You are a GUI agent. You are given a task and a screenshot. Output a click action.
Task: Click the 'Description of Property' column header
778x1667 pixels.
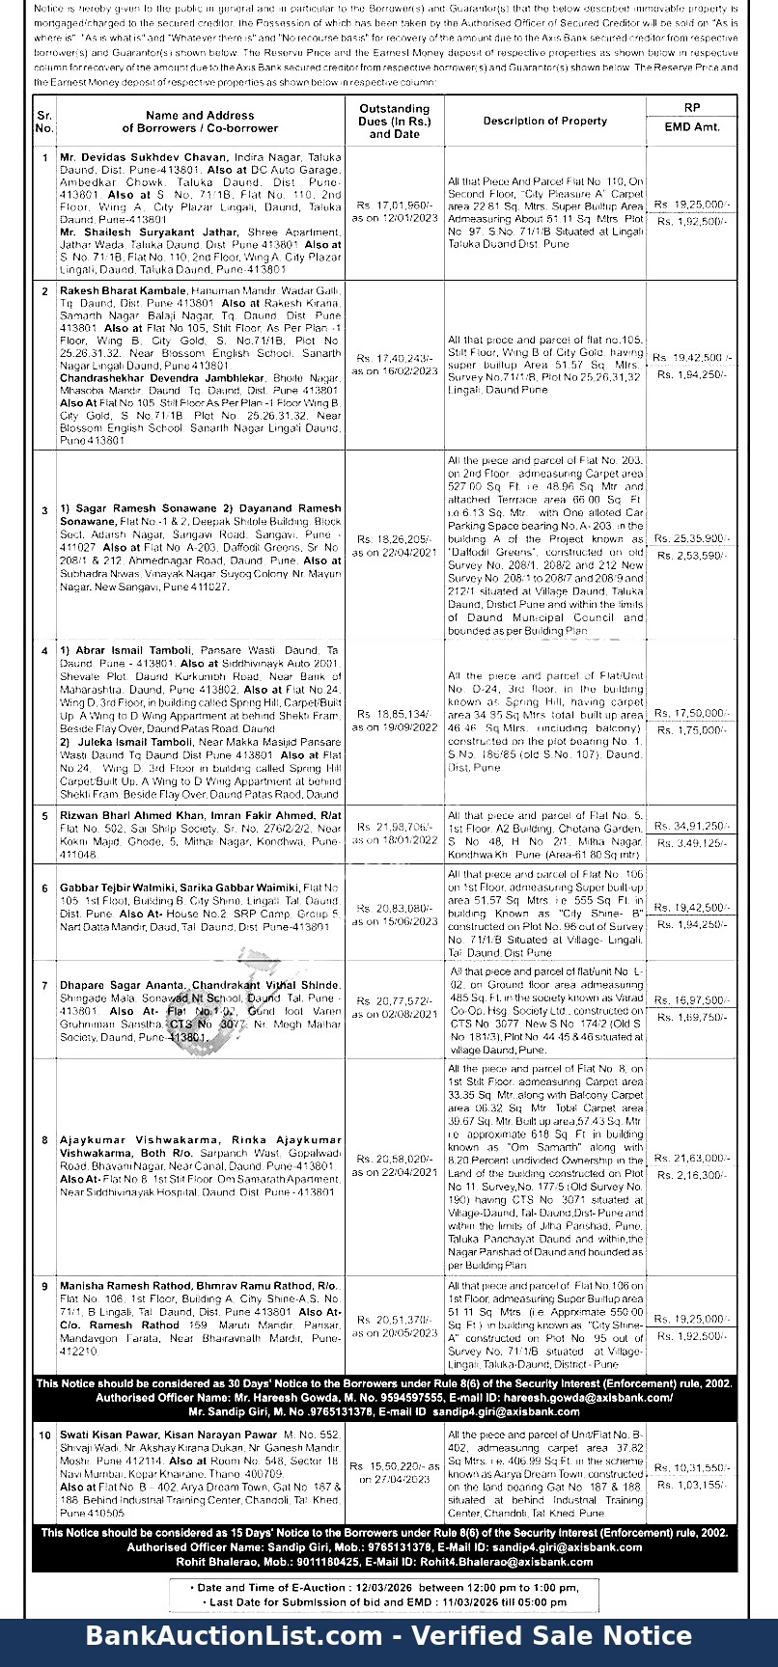pyautogui.click(x=544, y=121)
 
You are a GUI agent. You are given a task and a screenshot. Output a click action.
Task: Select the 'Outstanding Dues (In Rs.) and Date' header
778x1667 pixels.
pyautogui.click(x=394, y=122)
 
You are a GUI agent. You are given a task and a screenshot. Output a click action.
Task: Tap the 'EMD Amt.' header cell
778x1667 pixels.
pyautogui.click(x=692, y=127)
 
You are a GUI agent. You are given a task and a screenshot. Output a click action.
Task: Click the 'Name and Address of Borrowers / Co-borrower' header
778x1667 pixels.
pyautogui.click(x=200, y=122)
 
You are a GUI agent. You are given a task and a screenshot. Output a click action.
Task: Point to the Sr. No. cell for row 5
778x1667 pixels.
pyautogui.click(x=44, y=816)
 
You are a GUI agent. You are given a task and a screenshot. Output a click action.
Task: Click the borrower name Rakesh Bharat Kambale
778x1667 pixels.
pyautogui.click(x=123, y=290)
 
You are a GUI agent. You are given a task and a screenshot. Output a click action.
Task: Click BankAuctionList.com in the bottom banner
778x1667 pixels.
pyautogui.click(x=234, y=1636)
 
